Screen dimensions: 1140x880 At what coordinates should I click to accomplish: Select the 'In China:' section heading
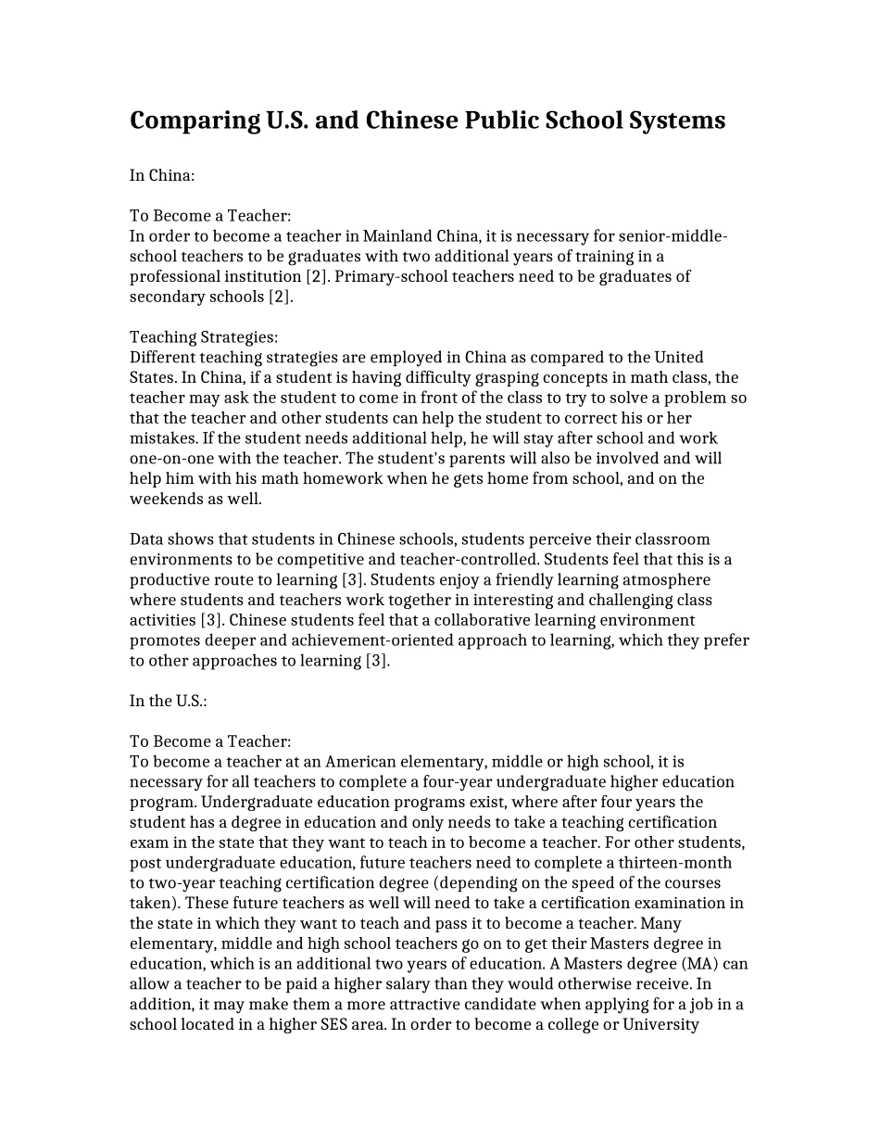pos(162,175)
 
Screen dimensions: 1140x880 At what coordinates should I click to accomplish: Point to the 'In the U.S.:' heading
pos(168,701)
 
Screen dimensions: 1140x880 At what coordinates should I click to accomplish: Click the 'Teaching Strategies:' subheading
pos(204,337)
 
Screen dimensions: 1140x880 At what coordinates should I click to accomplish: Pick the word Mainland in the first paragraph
pos(396,236)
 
